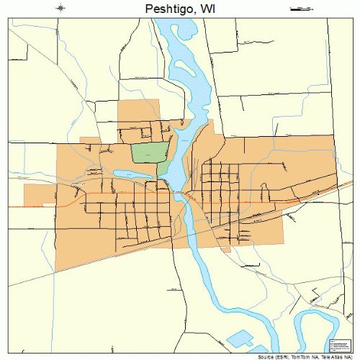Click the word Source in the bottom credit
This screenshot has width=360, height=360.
(266, 356)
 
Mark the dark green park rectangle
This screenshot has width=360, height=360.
(147, 153)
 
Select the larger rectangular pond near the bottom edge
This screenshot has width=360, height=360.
(241, 337)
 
